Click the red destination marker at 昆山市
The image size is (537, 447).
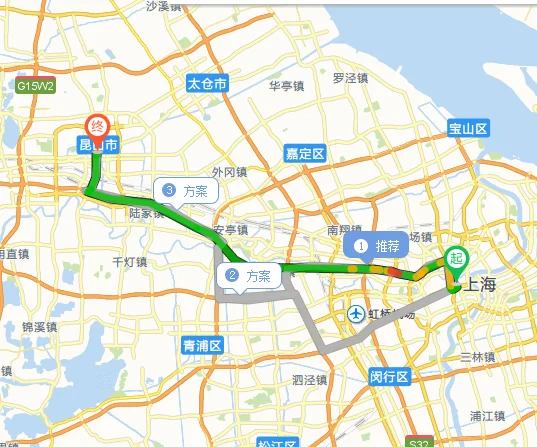97,127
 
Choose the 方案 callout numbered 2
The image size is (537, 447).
249,276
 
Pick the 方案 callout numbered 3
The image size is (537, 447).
185,190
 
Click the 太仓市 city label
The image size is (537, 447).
209,85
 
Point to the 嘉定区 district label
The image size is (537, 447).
304,154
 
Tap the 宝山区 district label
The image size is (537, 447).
467,129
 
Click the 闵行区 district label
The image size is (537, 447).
389,377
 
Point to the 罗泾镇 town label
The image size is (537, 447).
352,77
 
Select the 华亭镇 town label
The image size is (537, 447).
287,85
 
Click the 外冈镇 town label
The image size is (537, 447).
229,172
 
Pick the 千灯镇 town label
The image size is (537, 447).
129,261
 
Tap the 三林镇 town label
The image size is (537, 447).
477,357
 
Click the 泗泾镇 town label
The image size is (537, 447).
310,380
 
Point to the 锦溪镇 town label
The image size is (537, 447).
41,327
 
